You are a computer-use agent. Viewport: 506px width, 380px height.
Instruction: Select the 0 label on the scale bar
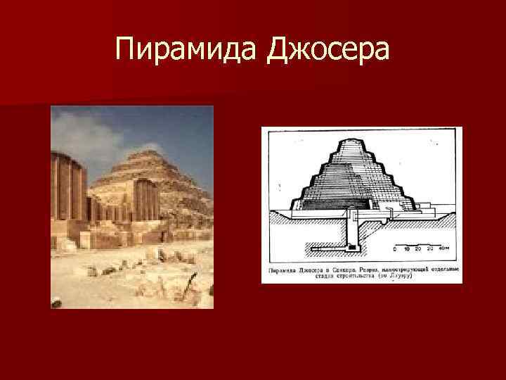click(394, 248)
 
